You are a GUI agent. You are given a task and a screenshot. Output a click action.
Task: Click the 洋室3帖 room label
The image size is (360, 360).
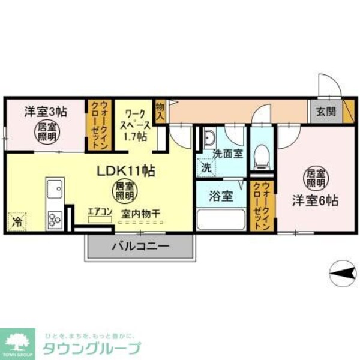coord(44,111)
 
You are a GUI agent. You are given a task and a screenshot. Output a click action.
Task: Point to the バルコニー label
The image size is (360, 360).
coord(140,246)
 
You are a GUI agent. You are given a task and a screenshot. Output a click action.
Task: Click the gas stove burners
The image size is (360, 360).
coord(55,219)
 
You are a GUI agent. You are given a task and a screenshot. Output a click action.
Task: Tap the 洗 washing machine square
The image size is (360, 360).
coord(206,167)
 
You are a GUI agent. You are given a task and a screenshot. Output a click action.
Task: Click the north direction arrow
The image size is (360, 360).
coord(341,274)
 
